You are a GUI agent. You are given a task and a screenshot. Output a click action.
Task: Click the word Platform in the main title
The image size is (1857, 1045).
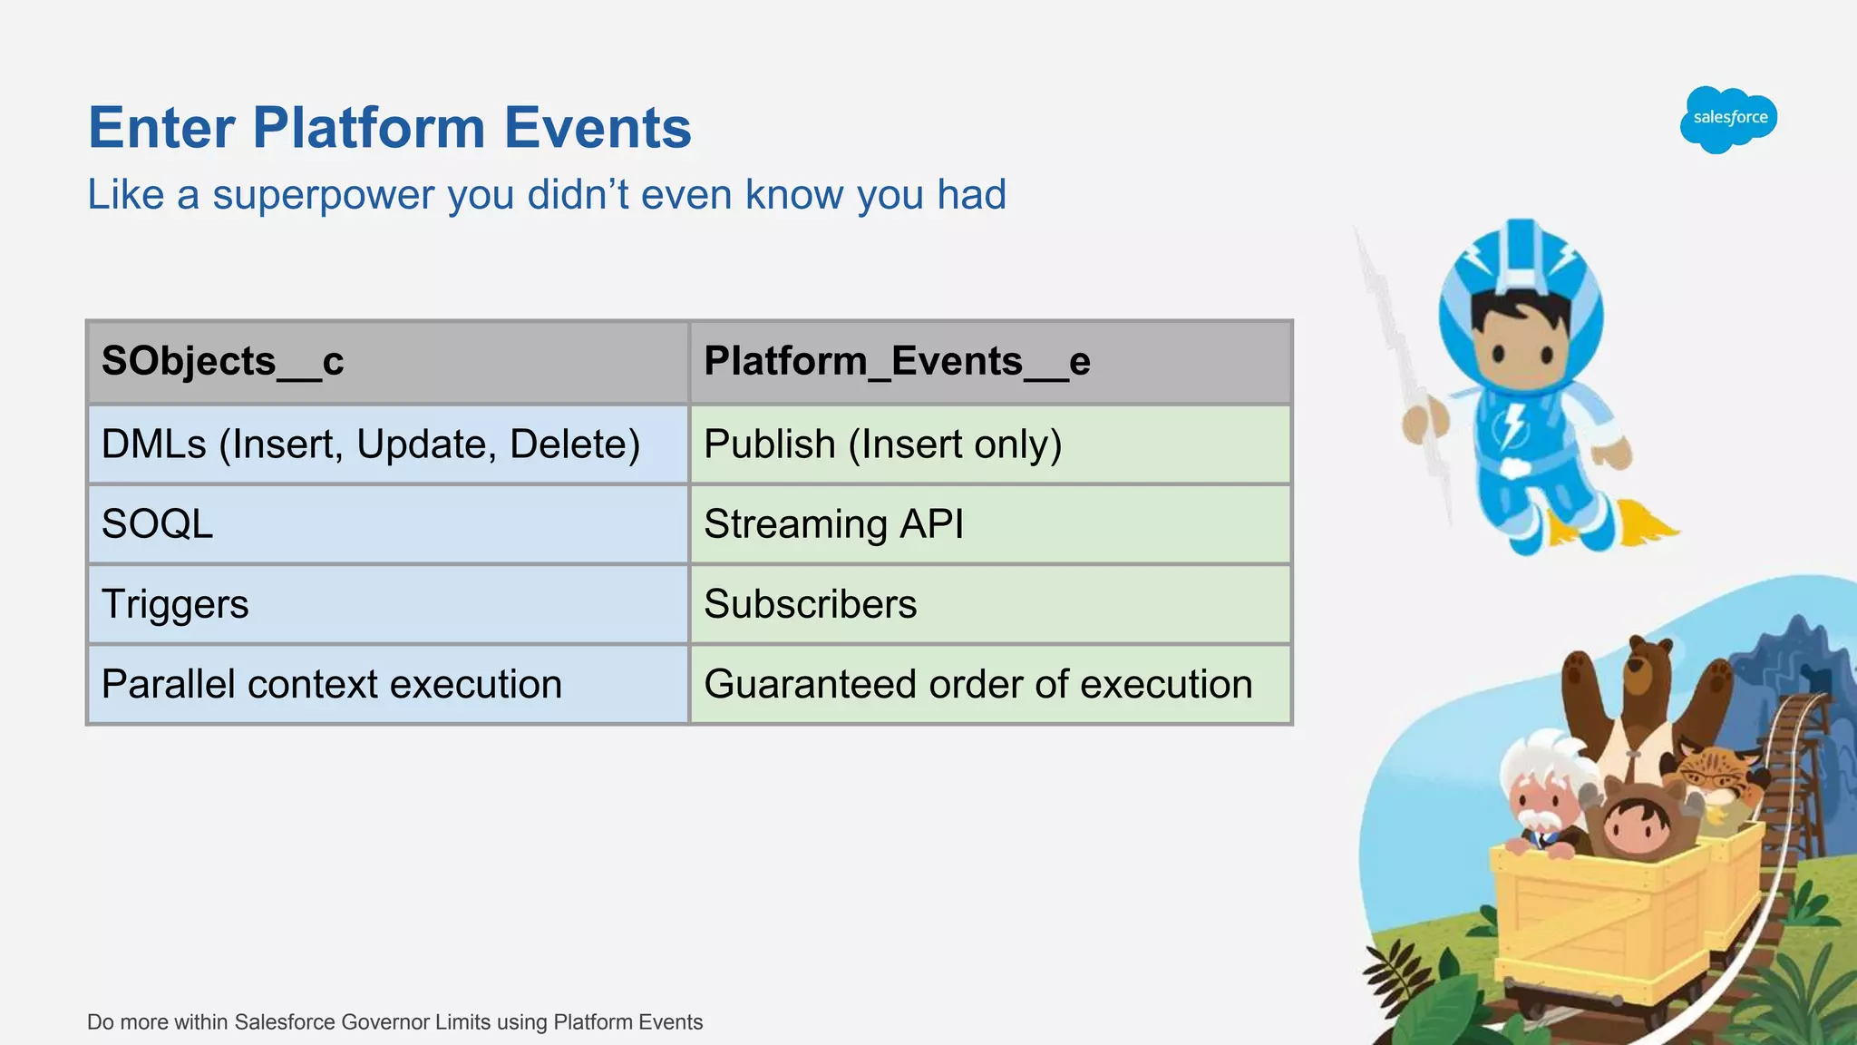tap(369, 128)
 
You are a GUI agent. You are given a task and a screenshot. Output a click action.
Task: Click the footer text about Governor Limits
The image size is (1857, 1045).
tap(394, 1022)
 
